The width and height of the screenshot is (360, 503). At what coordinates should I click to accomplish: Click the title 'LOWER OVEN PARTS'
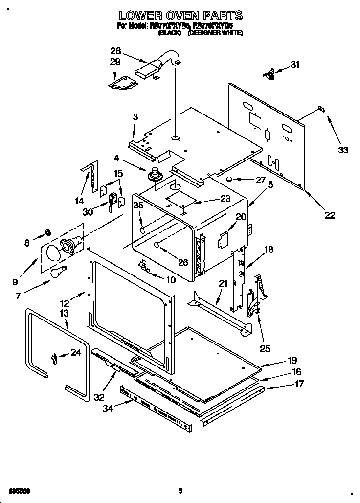tap(180, 16)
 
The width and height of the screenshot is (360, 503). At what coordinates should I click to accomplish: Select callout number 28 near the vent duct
tap(115, 51)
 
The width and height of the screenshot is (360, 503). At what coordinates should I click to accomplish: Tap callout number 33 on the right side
tap(343, 150)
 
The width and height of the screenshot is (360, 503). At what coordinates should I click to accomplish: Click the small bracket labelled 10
tap(143, 265)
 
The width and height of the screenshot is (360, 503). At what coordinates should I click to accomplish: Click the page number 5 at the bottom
tap(180, 491)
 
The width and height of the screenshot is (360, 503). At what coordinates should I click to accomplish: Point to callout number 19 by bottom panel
tap(292, 360)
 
